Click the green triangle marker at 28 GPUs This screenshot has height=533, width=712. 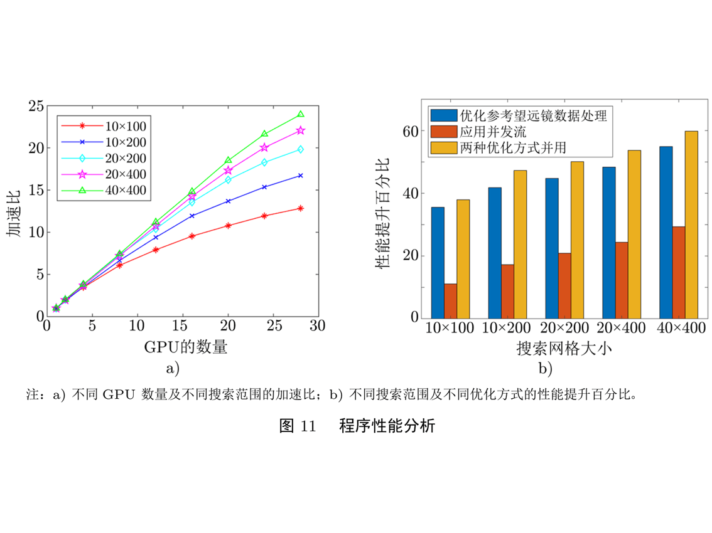tap(301, 115)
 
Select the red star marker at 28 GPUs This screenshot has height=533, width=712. tap(301, 208)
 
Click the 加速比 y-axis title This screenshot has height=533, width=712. tap(15, 211)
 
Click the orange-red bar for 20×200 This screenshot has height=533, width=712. tap(565, 285)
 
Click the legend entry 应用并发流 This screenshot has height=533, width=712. tap(493, 132)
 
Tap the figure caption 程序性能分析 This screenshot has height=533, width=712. tap(387, 426)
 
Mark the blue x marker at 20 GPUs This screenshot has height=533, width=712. tap(229, 201)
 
